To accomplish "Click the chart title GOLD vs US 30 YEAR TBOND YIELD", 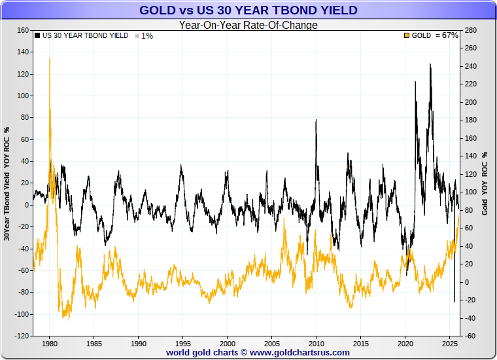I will coord(248,10).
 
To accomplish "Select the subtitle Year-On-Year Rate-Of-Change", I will coord(248,26).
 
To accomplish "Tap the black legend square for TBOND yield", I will coord(37,35).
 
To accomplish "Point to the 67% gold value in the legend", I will coord(450,35).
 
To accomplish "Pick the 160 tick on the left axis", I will coord(22,30).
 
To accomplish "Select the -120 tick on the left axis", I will coord(20,336).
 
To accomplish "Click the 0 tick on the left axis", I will coord(26,205).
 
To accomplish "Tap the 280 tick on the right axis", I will coord(470,30).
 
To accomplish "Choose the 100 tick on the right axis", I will coord(470,192).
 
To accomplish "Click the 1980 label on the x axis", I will coord(49,344).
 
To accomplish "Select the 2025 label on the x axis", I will coord(449,344).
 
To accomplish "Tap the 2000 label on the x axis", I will coord(227,344).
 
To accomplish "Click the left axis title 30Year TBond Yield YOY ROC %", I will coord(7,183).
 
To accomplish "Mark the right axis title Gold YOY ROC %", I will coord(485,183).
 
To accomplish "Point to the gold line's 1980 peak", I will coord(50,59).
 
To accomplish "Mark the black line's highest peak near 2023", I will coord(430,64).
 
